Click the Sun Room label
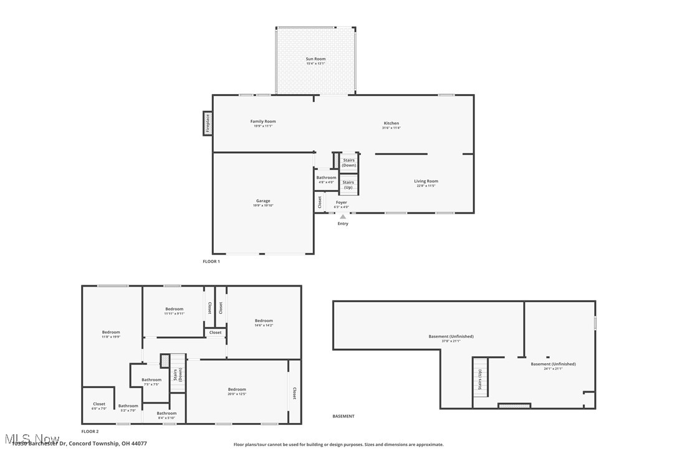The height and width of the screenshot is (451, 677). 315,61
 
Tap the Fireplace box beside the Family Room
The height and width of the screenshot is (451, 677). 208,123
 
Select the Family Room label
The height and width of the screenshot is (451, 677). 262,123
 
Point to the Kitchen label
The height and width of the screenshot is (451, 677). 391,125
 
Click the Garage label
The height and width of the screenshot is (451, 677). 263,203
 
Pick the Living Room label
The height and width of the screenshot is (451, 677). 426,183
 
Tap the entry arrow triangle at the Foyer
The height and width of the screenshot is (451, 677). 343,217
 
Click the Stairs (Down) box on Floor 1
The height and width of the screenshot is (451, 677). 348,163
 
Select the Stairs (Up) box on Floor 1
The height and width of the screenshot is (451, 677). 348,184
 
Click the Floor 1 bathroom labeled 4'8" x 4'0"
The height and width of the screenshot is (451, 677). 326,179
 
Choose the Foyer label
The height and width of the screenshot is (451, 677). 341,204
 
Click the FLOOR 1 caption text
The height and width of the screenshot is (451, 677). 211,262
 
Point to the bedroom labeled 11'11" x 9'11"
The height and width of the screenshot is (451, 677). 174,311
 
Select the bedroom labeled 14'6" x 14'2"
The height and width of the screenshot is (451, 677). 264,323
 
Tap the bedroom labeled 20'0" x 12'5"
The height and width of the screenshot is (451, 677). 237,391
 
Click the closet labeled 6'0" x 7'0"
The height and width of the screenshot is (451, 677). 99,406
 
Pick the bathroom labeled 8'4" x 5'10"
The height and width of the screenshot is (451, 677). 166,415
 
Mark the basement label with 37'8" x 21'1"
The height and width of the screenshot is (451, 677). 451,338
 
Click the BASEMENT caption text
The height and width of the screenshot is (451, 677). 343,416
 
